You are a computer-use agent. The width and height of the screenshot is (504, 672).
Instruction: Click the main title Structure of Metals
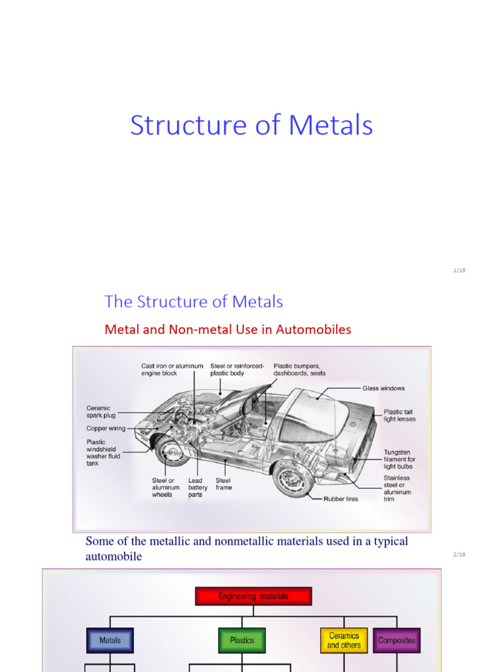click(251, 125)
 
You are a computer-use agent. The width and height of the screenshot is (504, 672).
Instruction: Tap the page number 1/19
click(459, 270)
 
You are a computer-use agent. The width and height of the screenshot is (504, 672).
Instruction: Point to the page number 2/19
click(459, 555)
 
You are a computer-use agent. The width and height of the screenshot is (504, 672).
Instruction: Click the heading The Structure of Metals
click(194, 302)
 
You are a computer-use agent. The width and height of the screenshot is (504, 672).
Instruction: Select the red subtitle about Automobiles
click(228, 329)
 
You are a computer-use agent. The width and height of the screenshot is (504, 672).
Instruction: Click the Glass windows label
click(383, 388)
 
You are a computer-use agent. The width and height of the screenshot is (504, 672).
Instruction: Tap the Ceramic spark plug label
click(98, 411)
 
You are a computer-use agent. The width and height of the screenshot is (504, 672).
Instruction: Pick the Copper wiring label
click(106, 429)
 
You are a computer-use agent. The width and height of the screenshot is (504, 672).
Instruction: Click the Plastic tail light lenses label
click(399, 415)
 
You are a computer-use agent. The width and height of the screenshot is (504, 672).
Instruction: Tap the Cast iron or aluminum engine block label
click(172, 369)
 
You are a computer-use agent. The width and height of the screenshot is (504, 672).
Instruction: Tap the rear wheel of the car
click(293, 478)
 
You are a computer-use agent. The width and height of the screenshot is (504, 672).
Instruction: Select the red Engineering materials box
click(253, 597)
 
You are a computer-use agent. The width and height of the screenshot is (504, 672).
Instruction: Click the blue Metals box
click(110, 640)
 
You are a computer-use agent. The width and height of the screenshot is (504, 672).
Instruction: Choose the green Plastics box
click(242, 640)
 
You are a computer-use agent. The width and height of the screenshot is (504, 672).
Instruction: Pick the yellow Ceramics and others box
click(344, 640)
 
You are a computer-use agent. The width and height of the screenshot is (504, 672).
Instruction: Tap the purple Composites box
click(396, 640)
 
